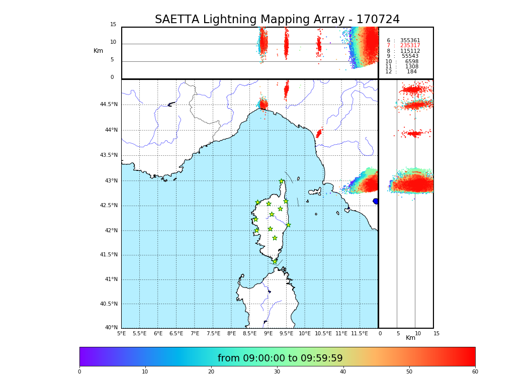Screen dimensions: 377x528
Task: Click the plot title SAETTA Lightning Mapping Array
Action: tap(277, 20)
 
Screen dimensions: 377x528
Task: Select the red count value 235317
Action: tap(410, 46)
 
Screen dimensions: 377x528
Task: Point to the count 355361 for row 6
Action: tap(410, 41)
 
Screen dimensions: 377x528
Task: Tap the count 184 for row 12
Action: tap(411, 72)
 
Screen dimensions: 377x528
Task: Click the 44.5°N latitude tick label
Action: tap(109, 105)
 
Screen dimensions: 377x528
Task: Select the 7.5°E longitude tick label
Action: tap(213, 333)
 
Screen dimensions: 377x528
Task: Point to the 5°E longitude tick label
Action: tap(122, 333)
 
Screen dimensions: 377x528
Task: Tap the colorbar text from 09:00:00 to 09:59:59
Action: tap(280, 358)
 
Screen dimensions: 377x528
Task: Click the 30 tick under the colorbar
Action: tap(277, 371)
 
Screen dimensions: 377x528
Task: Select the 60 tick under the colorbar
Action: tap(475, 371)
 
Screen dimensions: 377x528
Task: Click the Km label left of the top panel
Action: tap(99, 51)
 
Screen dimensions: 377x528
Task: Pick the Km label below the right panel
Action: tap(411, 338)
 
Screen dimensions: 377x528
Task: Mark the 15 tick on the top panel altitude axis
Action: tap(113, 25)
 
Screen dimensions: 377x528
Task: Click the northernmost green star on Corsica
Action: tap(282, 181)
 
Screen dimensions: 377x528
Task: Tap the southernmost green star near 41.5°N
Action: tap(275, 261)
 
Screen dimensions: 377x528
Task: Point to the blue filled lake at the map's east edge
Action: tap(376, 201)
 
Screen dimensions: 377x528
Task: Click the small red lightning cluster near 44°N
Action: tap(318, 133)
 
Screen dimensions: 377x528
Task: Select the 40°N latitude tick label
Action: tap(111, 328)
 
